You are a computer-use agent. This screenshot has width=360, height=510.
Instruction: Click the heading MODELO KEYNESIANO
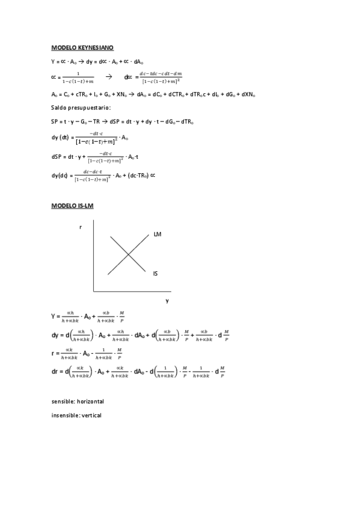click(82, 47)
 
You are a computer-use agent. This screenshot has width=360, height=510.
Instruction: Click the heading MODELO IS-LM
click(72, 205)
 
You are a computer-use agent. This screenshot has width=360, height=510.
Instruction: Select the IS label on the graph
click(156, 274)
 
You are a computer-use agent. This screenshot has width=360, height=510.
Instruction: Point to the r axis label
click(81, 227)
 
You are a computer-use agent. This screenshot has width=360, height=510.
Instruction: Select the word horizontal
click(91, 401)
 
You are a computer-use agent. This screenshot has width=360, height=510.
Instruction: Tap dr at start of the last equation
click(55, 372)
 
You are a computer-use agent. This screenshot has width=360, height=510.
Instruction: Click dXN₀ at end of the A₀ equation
click(248, 94)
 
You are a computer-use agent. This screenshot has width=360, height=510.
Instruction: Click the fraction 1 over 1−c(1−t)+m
click(77, 78)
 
